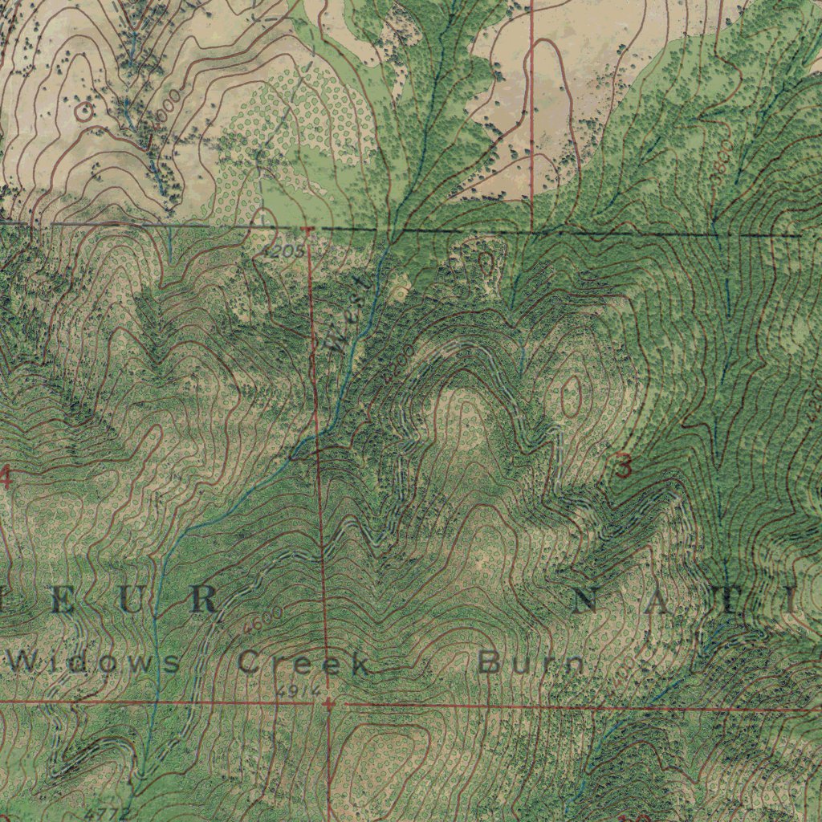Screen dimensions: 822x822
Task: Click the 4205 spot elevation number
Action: tap(283, 251)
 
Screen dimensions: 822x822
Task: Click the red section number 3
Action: tap(623, 466)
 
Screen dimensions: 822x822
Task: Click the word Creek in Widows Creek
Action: tap(304, 664)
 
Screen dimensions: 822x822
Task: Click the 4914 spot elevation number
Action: tap(299, 690)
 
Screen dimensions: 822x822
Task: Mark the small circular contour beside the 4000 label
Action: tap(83, 112)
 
